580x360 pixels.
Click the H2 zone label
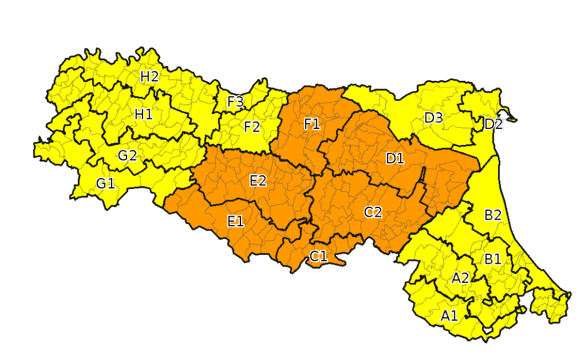tap(149, 77)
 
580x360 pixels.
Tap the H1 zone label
tap(143, 114)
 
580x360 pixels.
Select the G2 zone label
tap(127, 156)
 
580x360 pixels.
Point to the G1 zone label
tap(105, 184)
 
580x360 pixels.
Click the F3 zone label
tap(236, 102)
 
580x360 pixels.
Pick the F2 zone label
tap(252, 127)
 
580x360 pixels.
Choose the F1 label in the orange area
tap(312, 124)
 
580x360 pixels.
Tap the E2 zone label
tap(258, 181)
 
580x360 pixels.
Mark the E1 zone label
tap(236, 222)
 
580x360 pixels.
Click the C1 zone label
tap(318, 257)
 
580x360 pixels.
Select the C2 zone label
tap(372, 211)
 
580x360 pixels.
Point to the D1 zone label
tap(395, 159)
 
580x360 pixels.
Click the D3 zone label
tap(433, 118)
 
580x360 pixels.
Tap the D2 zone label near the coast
tap(493, 125)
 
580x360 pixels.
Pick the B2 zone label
tap(493, 215)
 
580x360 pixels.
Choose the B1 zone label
tap(492, 259)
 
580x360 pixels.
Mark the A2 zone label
tap(460, 278)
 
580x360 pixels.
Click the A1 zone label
tap(449, 316)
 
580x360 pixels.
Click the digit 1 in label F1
tap(317, 124)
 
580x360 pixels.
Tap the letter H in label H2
tap(145, 77)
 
